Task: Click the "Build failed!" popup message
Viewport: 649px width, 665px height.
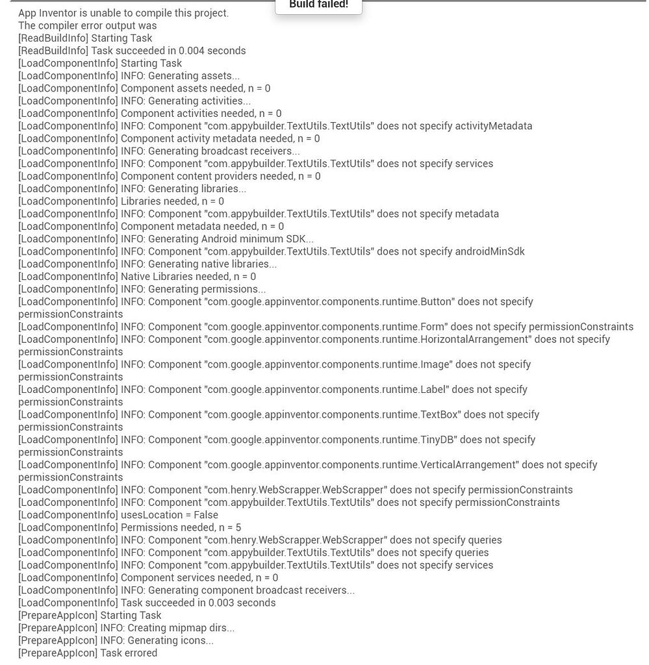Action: (318, 5)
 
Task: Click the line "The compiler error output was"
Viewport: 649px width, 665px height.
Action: (87, 25)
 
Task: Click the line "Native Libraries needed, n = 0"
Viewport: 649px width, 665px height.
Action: (188, 277)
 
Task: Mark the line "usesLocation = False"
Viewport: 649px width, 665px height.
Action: (169, 515)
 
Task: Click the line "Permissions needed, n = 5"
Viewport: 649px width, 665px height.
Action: (181, 527)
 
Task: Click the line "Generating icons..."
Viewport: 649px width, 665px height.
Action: (157, 640)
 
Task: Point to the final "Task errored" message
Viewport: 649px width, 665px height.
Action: (129, 653)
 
